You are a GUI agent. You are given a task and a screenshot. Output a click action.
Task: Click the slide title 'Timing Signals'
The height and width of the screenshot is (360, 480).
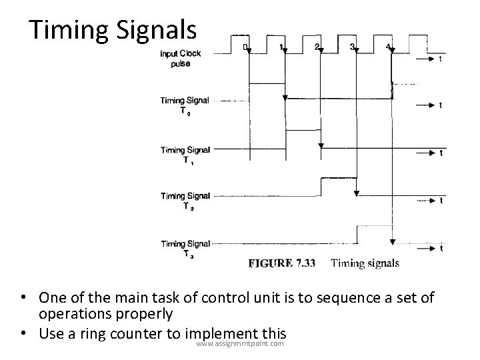113,30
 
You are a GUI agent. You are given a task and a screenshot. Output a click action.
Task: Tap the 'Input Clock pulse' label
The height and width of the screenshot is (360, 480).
180,58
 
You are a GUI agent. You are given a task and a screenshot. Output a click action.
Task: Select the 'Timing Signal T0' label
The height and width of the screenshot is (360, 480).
184,105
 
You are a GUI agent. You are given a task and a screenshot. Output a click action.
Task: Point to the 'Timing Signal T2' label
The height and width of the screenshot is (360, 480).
185,200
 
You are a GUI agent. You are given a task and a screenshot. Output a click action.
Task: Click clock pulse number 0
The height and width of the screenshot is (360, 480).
245,47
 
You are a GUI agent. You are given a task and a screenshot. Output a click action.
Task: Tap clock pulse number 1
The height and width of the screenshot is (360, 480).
281,47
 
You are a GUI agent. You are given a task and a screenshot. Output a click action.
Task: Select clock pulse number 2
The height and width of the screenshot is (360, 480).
316,47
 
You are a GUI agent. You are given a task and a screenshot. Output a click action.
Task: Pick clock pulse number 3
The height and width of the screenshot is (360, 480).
352,47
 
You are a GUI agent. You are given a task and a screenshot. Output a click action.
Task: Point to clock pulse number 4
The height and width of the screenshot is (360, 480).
388,47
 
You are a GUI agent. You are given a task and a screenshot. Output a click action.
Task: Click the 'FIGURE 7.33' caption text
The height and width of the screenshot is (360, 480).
283,263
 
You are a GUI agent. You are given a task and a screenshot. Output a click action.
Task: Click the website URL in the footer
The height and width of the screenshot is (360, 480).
240,343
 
